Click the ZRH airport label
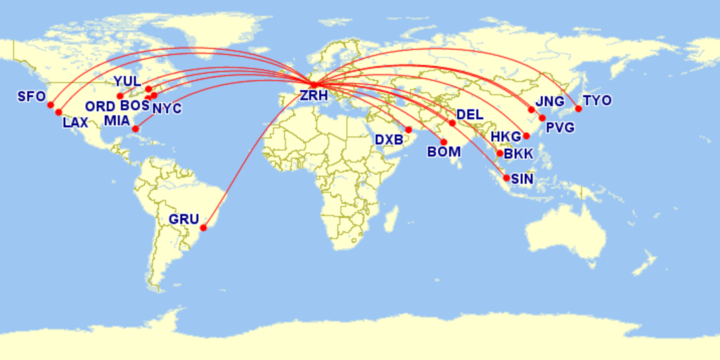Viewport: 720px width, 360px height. point(314,96)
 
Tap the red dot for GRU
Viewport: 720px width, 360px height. point(203,228)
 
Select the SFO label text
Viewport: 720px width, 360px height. point(31,96)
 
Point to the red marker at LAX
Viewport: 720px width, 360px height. point(58,112)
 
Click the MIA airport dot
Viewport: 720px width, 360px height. point(135,129)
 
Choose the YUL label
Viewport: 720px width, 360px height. point(127,82)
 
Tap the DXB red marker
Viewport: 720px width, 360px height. point(409,130)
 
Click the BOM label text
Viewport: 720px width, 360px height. point(444,152)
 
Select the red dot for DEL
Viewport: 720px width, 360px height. point(452,123)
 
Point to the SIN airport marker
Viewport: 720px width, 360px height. point(506,178)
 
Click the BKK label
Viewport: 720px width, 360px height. point(519,154)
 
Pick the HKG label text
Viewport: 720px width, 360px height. point(506,136)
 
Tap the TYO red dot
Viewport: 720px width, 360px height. point(578,108)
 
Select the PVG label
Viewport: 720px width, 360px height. point(560,128)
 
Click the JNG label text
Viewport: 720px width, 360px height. point(550,101)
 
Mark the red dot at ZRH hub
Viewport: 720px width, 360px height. point(314,86)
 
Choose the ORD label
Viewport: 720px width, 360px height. point(101,107)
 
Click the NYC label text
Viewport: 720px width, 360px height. point(167,108)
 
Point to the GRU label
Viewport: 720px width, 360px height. point(184,219)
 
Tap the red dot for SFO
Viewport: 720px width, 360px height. point(51,105)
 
